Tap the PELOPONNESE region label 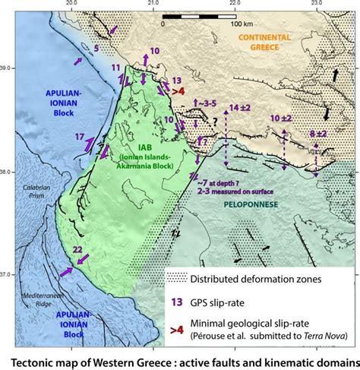[253, 204]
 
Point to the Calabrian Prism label [36, 190]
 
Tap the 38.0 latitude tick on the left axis [7, 172]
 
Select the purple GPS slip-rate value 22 [77, 249]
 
